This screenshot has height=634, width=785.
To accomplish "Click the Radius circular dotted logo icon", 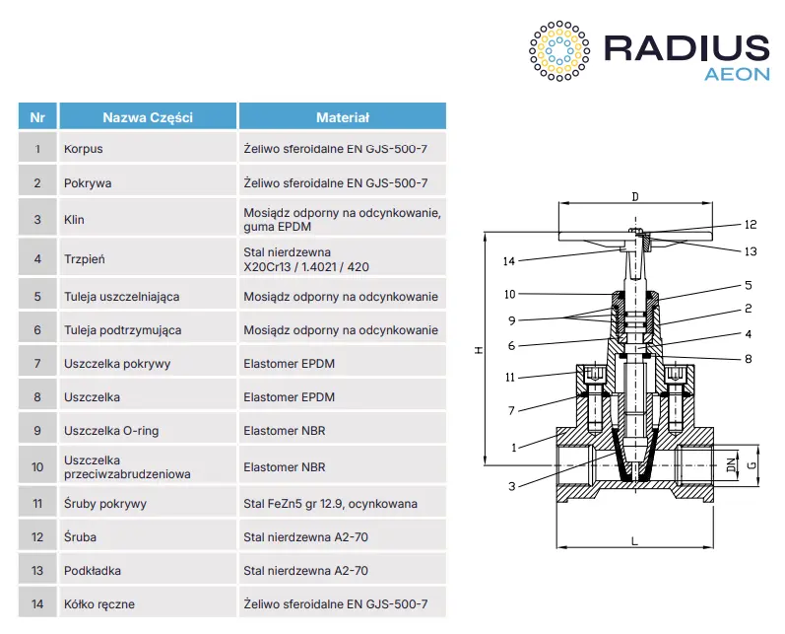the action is [559, 50].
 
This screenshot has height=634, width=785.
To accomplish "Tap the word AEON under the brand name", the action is [737, 74].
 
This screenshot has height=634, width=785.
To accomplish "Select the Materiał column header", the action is [343, 117].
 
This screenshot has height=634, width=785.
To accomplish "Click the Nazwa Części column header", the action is [148, 117].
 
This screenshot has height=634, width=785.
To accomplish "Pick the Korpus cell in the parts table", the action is [148, 148].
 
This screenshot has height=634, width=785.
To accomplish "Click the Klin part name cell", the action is [148, 220].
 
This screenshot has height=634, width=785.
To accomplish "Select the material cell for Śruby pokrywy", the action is [343, 503].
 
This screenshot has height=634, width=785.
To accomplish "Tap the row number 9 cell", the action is [37, 431].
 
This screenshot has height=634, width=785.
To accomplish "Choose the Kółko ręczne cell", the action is [148, 604].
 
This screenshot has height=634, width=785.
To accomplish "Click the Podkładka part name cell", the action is [148, 570].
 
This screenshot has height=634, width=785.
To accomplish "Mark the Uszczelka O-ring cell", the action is [148, 431].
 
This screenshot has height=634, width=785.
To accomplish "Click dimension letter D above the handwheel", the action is [635, 196].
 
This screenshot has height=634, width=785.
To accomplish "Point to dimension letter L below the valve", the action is [635, 541].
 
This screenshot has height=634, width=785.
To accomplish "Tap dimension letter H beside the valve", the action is [479, 350].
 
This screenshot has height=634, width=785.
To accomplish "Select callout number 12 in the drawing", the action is [751, 225].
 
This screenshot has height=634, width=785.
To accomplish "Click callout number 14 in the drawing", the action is [508, 261].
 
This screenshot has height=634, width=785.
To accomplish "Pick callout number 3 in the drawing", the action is [511, 486].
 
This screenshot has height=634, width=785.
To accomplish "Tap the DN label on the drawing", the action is [732, 465].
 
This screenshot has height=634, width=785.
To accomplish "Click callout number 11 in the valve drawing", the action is [509, 378].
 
